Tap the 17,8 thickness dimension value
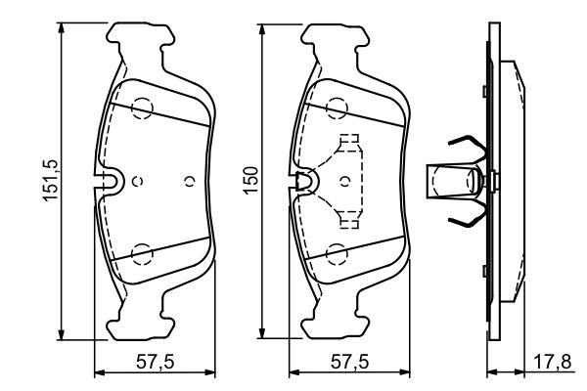pyautogui.click(x=561, y=363)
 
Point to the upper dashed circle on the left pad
pyautogui.click(x=143, y=109)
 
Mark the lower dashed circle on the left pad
pyautogui.click(x=143, y=254)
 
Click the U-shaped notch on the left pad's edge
pyautogui.click(x=110, y=180)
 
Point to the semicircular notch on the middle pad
pyautogui.click(x=306, y=180)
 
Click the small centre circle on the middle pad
pyautogui.click(x=347, y=181)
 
